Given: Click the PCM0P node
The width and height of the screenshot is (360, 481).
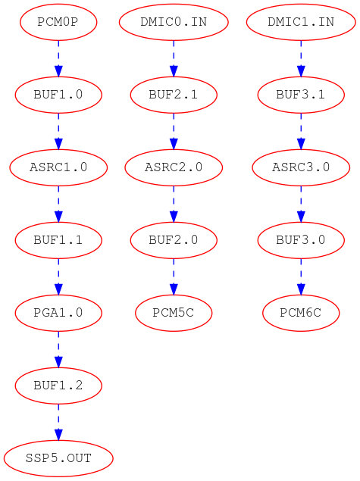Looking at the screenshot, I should [x=58, y=22].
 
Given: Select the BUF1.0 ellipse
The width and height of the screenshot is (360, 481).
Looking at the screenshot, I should [x=58, y=95].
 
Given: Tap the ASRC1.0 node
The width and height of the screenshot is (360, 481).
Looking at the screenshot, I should [x=58, y=167].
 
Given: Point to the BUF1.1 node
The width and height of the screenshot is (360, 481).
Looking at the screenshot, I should [x=58, y=240].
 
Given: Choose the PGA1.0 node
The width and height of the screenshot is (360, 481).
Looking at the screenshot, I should [x=58, y=313].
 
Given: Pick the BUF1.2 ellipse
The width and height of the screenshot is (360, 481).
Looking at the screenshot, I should [x=58, y=386].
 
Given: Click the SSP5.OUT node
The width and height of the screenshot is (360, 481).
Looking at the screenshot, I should [x=58, y=458].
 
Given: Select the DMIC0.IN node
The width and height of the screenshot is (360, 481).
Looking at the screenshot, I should [x=174, y=22].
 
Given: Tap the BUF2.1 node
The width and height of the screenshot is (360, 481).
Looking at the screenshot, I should [x=174, y=95].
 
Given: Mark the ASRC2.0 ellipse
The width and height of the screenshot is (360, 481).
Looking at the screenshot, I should [x=174, y=167].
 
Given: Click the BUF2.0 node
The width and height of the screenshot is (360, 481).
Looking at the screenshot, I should [x=174, y=240].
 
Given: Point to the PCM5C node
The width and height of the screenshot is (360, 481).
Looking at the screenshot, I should [x=174, y=313].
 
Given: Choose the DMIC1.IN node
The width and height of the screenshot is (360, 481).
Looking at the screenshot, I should [x=301, y=22].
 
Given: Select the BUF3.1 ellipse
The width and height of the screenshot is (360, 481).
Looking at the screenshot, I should [x=301, y=95].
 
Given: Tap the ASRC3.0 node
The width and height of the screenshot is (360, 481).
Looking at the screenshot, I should [x=301, y=167].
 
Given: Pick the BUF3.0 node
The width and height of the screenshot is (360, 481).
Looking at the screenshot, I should [x=301, y=240].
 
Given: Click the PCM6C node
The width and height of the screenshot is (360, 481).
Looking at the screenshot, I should [x=301, y=313].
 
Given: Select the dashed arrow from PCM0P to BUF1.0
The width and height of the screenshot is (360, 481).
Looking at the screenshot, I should [x=58, y=58].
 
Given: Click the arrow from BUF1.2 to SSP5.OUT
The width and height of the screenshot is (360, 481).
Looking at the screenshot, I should [x=58, y=422].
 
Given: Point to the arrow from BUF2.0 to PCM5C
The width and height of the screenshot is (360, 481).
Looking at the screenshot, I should [x=174, y=276].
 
